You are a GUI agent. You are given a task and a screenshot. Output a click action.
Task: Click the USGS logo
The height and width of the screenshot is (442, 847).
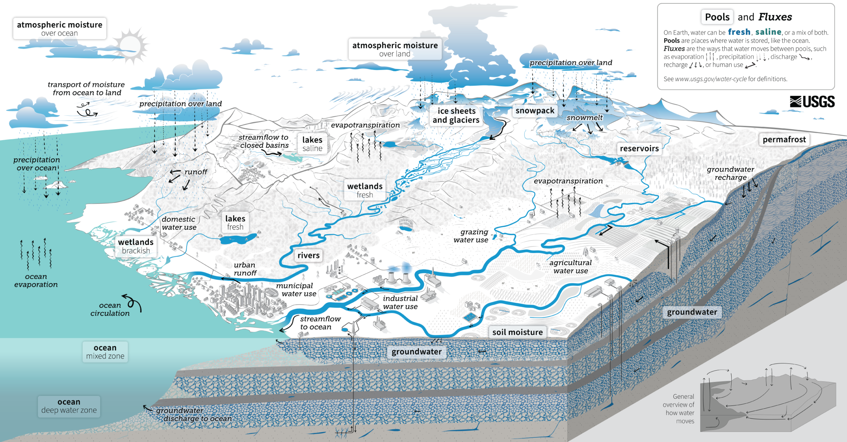pos(812,102)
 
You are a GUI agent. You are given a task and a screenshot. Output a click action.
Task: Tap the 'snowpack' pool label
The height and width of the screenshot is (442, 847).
pos(535,111)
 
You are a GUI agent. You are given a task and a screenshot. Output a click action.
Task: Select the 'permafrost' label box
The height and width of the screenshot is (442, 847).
pos(784,140)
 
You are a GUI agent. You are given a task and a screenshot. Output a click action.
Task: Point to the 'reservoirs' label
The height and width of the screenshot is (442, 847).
pos(639,148)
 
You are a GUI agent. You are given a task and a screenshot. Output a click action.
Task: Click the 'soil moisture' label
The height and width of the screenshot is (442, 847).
pos(517,332)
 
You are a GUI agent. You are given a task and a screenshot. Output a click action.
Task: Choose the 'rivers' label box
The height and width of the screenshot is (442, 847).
pos(308,255)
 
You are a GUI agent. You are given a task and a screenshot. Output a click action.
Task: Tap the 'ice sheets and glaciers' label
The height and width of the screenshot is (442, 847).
pos(456,115)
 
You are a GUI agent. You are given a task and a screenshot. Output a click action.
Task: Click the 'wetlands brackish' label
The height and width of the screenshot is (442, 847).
pos(136,246)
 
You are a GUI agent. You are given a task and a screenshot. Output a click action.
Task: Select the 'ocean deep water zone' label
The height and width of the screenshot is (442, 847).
pos(69,406)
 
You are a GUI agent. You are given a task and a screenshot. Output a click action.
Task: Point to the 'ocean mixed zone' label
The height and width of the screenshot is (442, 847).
pos(105,352)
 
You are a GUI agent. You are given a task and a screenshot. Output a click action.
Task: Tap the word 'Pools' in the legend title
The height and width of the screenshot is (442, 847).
pos(717,17)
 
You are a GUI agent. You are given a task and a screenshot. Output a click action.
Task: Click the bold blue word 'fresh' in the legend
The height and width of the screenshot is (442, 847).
pos(739,32)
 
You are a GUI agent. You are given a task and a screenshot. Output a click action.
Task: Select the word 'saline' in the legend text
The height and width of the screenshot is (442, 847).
pos(768,32)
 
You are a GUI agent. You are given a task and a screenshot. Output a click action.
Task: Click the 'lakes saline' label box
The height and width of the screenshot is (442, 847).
pos(312,144)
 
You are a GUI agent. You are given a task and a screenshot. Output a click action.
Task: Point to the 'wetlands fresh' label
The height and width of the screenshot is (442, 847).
pos(365,190)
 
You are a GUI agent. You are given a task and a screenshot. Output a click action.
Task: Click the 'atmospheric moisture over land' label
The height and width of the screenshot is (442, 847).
pos(395,49)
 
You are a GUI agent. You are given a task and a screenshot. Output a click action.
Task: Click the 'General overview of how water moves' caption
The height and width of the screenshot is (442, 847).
pos(679,409)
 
